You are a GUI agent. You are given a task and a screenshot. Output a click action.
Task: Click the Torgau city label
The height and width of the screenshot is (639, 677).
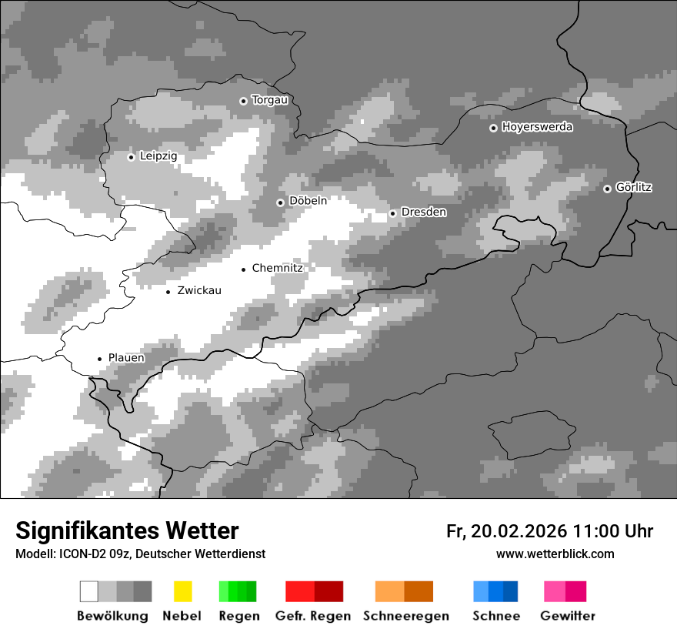click(269, 100)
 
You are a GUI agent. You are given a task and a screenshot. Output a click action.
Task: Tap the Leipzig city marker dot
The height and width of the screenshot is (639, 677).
click(131, 157)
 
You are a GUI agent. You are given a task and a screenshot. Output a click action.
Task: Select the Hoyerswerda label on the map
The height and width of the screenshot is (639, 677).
click(537, 127)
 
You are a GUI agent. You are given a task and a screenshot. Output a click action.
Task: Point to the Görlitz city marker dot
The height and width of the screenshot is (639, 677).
click(607, 189)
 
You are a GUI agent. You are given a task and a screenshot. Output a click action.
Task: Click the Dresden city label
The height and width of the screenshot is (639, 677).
click(423, 212)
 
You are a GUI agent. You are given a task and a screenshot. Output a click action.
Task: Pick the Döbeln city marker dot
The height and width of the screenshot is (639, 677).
click(280, 202)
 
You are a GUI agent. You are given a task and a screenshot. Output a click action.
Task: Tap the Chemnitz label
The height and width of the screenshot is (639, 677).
click(277, 268)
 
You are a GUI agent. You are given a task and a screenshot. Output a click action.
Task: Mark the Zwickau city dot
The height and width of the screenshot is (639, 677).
click(168, 292)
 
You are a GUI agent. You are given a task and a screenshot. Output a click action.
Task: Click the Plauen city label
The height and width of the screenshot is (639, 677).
click(126, 357)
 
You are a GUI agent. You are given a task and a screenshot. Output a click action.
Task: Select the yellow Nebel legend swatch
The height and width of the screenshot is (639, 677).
click(182, 591)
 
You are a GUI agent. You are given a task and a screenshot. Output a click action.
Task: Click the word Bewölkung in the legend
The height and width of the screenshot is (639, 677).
click(112, 616)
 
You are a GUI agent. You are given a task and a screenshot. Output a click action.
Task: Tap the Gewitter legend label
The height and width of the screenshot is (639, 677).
click(568, 616)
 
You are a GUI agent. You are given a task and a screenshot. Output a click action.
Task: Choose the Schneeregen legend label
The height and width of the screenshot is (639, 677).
click(406, 616)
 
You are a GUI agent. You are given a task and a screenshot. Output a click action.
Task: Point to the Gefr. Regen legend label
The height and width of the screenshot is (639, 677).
click(313, 616)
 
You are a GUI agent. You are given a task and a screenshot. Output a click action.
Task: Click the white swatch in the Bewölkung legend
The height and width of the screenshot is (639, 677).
click(89, 591)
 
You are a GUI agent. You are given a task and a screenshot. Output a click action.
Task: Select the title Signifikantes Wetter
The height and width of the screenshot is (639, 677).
click(127, 531)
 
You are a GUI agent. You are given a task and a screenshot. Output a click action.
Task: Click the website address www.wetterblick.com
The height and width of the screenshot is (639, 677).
click(555, 554)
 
